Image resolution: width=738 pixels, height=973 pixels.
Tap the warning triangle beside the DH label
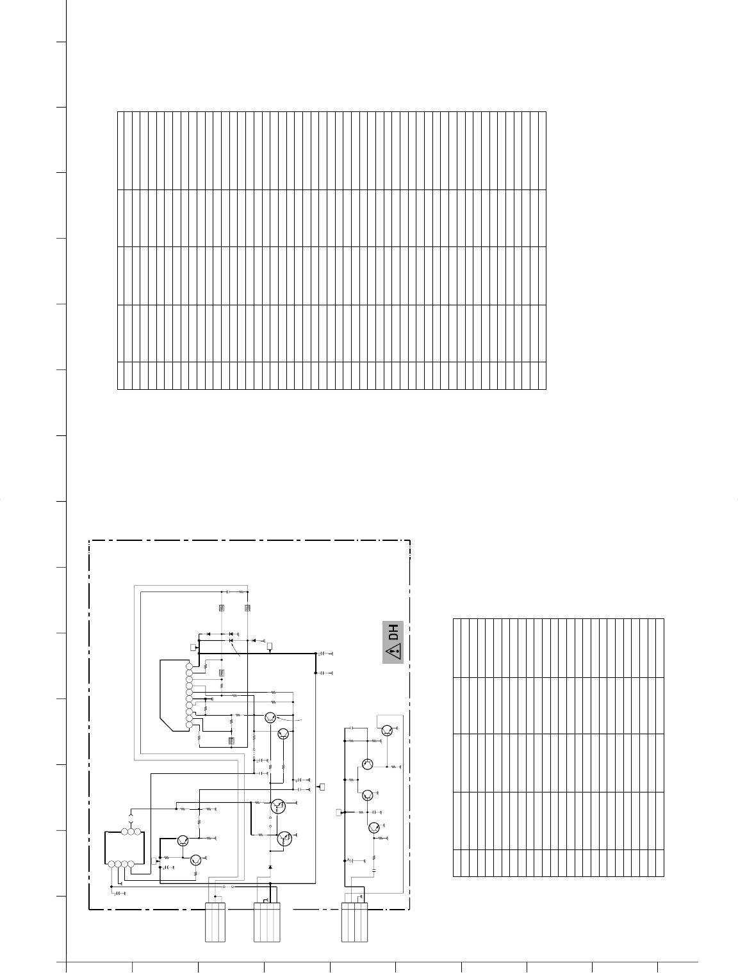click(x=393, y=652)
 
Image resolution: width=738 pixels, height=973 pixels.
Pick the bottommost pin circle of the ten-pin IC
click(x=190, y=725)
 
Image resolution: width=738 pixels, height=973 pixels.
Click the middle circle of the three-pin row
click(x=131, y=832)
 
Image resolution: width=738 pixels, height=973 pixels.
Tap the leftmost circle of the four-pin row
click(x=111, y=864)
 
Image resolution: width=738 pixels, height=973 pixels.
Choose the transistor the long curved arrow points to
click(x=270, y=718)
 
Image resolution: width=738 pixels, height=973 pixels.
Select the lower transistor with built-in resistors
click(x=284, y=839)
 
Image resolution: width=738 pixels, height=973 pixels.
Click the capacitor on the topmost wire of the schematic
click(x=227, y=591)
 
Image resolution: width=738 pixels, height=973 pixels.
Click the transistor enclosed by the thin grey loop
click(x=387, y=730)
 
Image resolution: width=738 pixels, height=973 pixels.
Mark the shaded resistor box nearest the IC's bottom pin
click(x=231, y=741)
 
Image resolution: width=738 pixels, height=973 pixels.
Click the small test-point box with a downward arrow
click(x=270, y=647)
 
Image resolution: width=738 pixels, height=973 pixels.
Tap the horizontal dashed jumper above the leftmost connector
click(x=228, y=887)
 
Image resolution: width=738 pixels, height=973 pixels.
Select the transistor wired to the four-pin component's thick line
click(x=183, y=840)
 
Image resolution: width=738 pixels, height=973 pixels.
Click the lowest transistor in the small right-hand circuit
click(x=374, y=827)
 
